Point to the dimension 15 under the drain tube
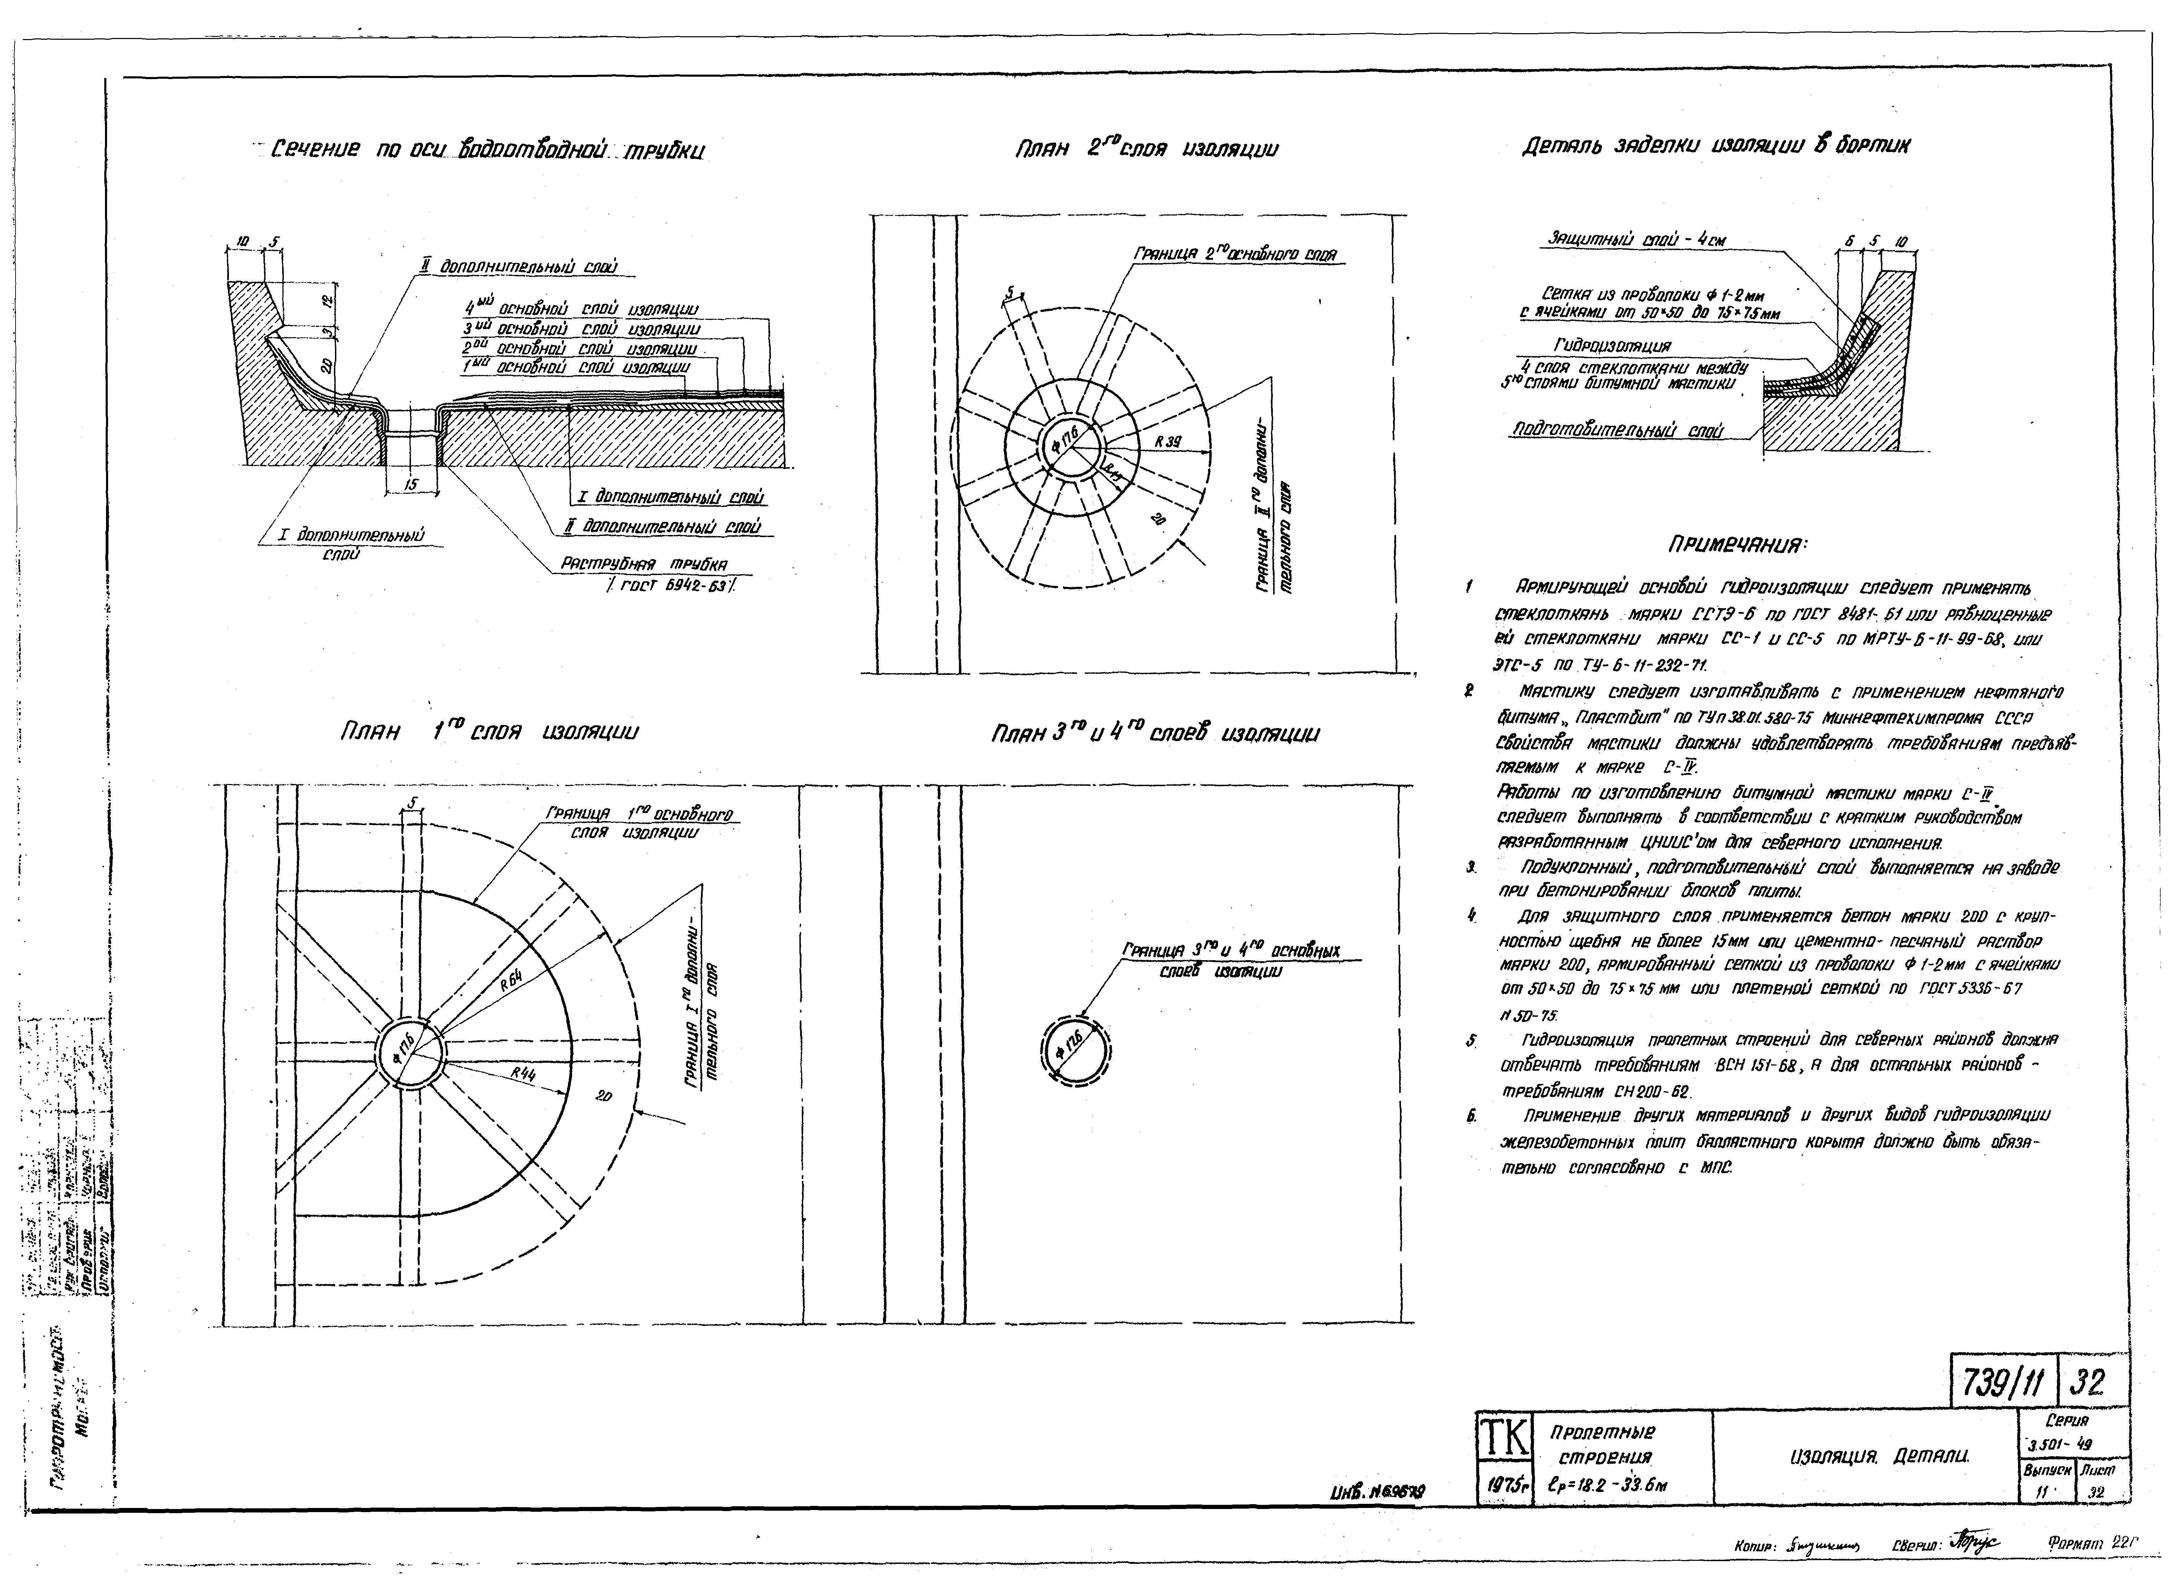point(411,485)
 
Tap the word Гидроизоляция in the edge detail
point(1612,345)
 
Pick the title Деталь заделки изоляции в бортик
point(1716,146)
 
